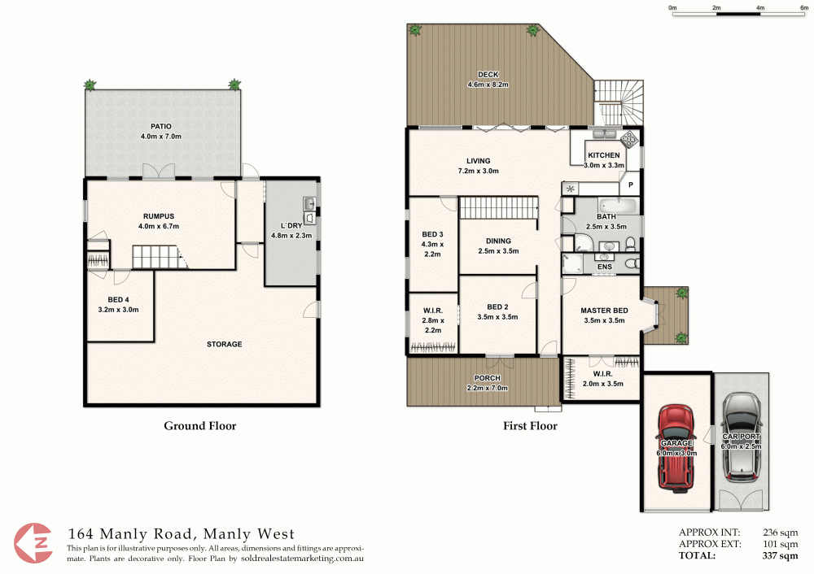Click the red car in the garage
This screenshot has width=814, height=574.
coord(676,446)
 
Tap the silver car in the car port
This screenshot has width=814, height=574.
coord(741,435)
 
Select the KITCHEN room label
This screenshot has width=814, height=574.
coord(604,155)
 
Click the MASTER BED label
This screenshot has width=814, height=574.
coord(603,311)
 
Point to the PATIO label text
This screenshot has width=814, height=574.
coord(160,126)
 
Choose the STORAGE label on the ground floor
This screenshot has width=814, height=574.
coord(224,345)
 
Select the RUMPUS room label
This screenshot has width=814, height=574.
coord(159,216)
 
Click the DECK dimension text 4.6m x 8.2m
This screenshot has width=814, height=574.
coord(488,85)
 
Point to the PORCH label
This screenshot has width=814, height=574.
coord(487,378)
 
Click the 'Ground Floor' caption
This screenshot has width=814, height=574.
coord(200,425)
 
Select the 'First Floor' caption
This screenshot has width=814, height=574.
coord(530,425)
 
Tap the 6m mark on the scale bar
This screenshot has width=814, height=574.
coord(803,7)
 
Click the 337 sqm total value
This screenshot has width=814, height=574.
coord(779,556)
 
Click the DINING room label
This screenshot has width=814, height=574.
coord(498,241)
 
